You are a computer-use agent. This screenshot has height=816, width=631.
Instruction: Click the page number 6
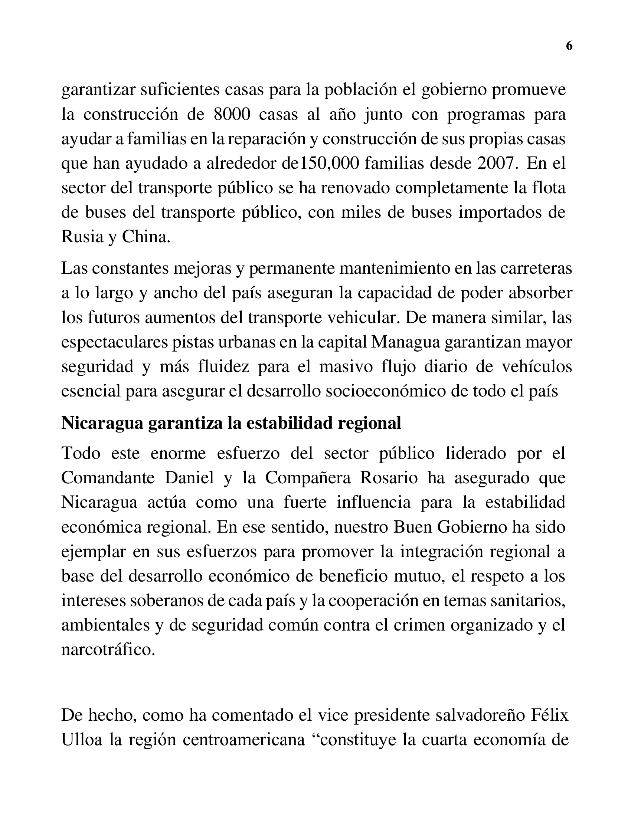tap(569, 46)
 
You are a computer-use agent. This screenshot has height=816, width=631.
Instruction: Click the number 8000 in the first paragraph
tap(232, 115)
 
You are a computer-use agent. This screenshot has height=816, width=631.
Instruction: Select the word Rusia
tap(82, 237)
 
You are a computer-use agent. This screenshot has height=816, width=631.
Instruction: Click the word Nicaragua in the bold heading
tap(102, 423)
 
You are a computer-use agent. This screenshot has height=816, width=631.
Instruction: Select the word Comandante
tap(108, 478)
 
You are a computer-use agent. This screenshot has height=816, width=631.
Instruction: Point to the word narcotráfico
tap(108, 650)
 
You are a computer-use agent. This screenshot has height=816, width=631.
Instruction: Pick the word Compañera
tap(308, 478)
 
